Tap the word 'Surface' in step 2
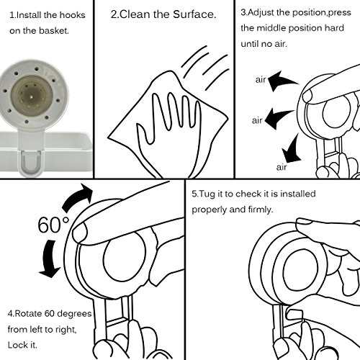(193, 14)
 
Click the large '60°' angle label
(53, 225)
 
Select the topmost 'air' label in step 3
(261, 79)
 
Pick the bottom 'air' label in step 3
(282, 167)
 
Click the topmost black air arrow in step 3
(282, 81)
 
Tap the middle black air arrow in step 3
(278, 117)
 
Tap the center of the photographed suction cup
(32, 96)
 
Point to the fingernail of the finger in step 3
(307, 96)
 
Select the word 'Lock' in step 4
(17, 345)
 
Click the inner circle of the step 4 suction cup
(125, 260)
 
